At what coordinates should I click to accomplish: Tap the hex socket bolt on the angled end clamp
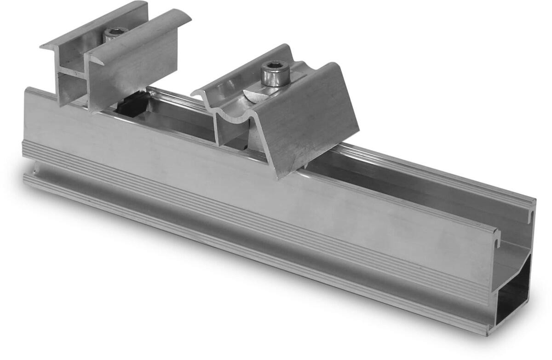pos(275,73)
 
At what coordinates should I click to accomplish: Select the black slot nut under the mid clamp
pos(131,105)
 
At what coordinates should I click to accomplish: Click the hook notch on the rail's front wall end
pos(496,236)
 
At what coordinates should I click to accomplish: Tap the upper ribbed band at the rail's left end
pos(28,150)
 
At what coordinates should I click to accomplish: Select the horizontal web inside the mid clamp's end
pos(71,74)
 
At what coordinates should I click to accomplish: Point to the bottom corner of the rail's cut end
pos(488,333)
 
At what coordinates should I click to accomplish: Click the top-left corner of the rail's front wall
pos(27,90)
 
